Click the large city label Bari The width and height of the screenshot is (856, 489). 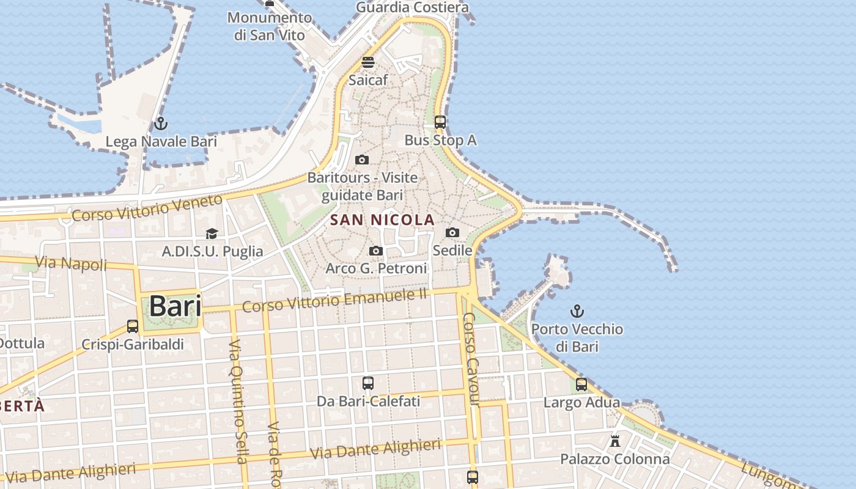(175, 306)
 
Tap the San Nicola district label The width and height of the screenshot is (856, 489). (382, 220)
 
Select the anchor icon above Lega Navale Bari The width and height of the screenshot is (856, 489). (161, 123)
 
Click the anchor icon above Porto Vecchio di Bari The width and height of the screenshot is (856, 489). (577, 311)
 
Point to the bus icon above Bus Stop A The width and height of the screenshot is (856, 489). (440, 122)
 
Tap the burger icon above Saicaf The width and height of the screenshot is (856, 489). (367, 62)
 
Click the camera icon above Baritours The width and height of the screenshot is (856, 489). (362, 160)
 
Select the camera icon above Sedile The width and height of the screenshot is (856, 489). (452, 232)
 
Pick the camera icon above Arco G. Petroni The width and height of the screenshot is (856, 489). (376, 251)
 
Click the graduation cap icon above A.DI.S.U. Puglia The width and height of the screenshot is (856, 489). (212, 233)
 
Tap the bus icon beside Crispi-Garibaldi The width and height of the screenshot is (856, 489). (133, 326)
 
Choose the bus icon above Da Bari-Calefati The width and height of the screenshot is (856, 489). (367, 383)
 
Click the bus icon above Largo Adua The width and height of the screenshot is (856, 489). (581, 384)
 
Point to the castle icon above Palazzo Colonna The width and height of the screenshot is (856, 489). (615, 441)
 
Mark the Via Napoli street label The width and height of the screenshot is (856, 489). (71, 263)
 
